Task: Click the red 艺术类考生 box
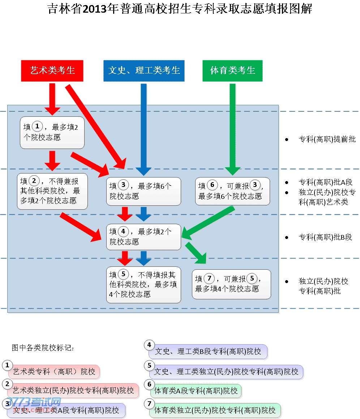(52, 70)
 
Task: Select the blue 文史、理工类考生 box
(144, 70)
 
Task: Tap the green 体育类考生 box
(232, 70)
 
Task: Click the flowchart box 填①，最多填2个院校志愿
(52, 132)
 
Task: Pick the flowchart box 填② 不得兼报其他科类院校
(52, 191)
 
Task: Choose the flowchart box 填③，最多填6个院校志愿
(143, 191)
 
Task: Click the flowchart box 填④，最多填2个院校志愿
(143, 237)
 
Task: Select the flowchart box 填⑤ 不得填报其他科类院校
(143, 285)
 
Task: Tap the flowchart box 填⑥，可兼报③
(232, 191)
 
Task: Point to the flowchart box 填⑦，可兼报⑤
(231, 284)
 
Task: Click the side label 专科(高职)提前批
(327, 139)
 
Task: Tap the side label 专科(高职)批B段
(325, 238)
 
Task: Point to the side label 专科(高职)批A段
(325, 183)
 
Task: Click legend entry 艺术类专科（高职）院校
(54, 371)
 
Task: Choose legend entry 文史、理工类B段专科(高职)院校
(208, 351)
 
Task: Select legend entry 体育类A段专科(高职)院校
(196, 391)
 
